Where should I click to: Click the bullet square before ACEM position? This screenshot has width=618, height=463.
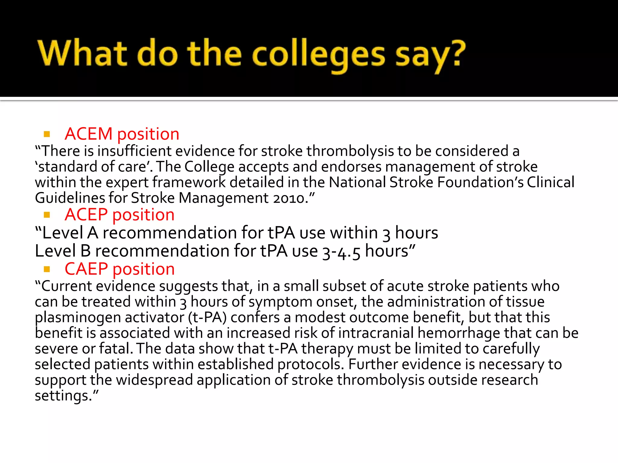[x=47, y=134]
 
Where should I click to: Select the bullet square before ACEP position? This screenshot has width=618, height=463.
[x=47, y=215]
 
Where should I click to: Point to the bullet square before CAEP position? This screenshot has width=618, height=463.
[x=47, y=269]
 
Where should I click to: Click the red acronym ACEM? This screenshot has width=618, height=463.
[x=88, y=134]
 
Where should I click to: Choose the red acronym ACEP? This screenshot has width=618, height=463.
[x=86, y=215]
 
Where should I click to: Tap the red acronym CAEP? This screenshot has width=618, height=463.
[x=86, y=269]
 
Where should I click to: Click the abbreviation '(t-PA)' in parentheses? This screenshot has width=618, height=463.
[x=207, y=318]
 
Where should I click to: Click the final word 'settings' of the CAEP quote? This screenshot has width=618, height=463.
[x=63, y=396]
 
